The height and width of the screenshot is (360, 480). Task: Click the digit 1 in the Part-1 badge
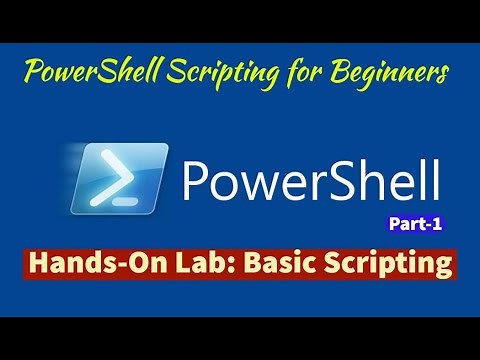(x=435, y=225)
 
